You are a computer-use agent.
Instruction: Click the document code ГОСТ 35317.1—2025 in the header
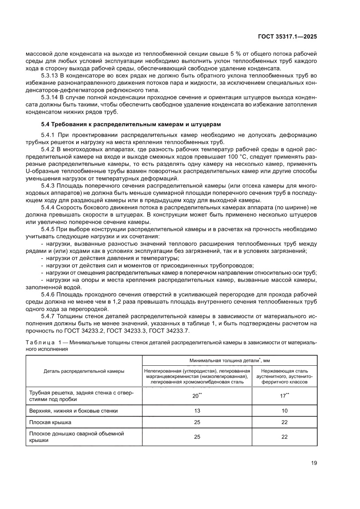[x=286, y=37]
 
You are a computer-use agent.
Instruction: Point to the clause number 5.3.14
[x=49, y=97]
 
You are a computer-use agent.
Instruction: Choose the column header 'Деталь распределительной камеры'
[x=84, y=371]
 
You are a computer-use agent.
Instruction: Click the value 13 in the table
[x=197, y=410]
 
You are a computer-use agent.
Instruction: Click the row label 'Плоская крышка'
[x=47, y=422]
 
